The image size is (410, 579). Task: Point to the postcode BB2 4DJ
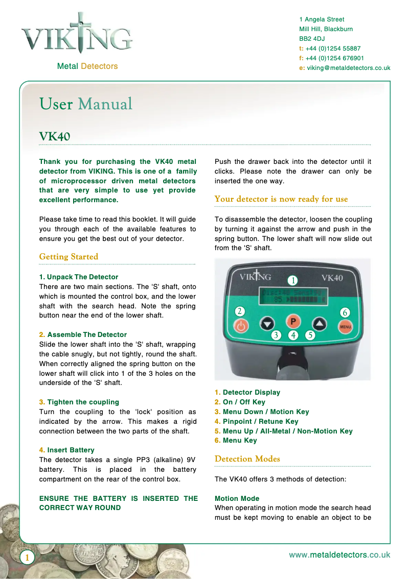click(x=312, y=39)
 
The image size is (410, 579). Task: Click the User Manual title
click(x=86, y=104)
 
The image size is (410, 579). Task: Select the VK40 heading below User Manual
click(x=55, y=137)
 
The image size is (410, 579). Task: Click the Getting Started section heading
click(x=69, y=257)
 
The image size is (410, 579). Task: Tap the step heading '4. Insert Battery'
click(x=67, y=450)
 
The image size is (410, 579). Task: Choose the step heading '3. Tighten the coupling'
click(x=79, y=402)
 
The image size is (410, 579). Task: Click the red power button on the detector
click(x=242, y=325)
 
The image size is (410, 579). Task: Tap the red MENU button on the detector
click(x=345, y=326)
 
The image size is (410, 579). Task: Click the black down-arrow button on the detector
click(x=267, y=323)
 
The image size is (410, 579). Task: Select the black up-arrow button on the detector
click(x=319, y=323)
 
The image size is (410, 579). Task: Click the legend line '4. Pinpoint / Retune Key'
click(x=257, y=422)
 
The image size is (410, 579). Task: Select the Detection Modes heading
click(x=247, y=459)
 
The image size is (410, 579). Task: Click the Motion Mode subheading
click(x=237, y=499)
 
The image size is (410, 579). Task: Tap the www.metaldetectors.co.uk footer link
click(x=339, y=555)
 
